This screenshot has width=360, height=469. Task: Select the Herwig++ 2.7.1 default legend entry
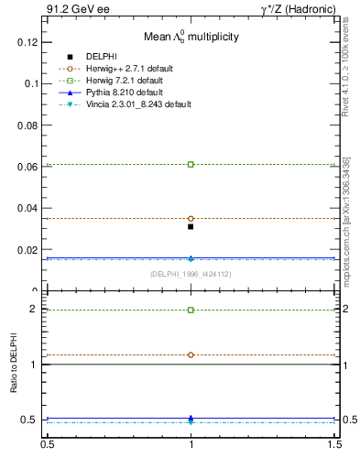129,69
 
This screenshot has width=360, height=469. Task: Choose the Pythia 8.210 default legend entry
125,93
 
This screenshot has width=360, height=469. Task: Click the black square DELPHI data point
191,226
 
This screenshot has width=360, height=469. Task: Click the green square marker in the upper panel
191,164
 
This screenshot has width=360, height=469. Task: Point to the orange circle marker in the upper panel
191,219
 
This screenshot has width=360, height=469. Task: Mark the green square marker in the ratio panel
191,310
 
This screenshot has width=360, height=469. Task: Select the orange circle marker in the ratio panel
191,354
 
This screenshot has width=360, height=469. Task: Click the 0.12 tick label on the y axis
27,42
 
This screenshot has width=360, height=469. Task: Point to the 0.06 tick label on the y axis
27,167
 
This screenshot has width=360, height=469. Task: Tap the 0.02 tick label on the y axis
27,250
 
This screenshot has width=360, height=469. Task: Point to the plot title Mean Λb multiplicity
191,37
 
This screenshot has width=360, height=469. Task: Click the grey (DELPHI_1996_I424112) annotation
191,274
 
